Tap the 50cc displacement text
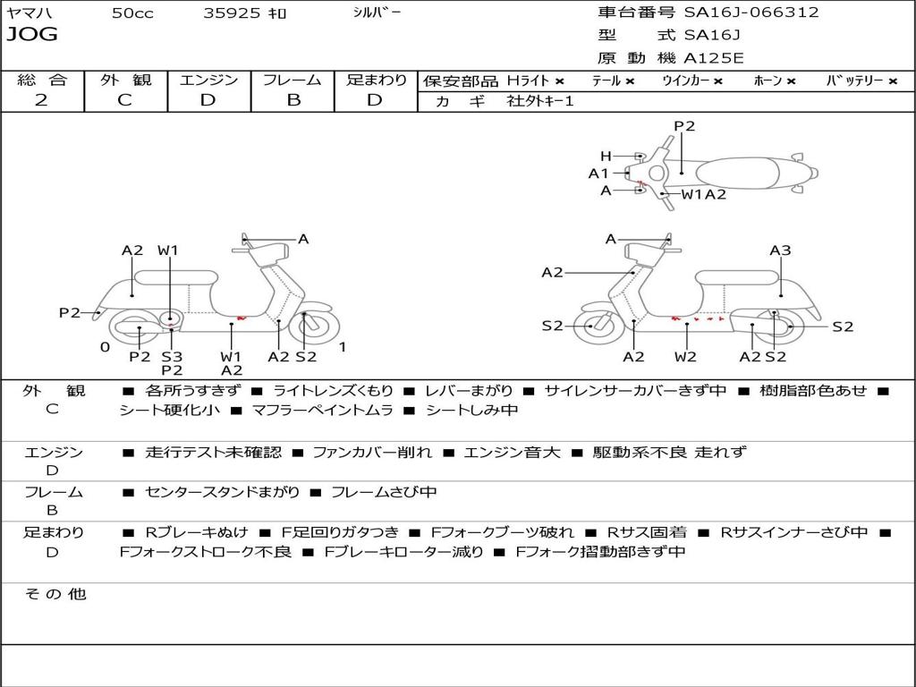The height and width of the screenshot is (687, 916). click(x=132, y=13)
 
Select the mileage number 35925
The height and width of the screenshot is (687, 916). click(x=232, y=13)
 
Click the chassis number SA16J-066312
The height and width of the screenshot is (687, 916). click(x=751, y=13)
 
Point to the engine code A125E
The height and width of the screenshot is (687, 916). click(x=714, y=59)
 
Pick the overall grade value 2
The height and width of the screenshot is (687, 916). click(x=41, y=99)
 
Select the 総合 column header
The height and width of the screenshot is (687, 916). click(x=42, y=80)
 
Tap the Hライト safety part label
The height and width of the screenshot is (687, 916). click(x=528, y=81)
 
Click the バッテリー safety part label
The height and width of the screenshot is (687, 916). click(x=855, y=81)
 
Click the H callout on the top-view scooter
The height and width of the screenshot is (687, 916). click(x=606, y=157)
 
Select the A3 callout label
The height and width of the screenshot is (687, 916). click(x=780, y=250)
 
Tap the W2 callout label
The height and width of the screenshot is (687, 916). click(x=685, y=357)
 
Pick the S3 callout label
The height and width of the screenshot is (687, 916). click(x=172, y=357)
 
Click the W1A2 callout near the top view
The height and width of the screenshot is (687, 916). click(x=704, y=193)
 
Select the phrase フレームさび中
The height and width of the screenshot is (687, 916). click(x=384, y=492)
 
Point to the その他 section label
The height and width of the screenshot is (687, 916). click(x=55, y=594)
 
